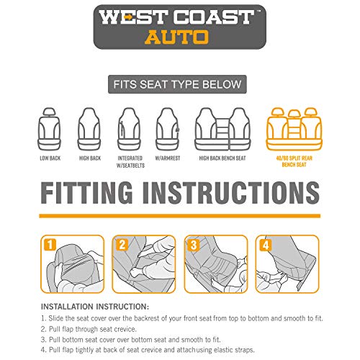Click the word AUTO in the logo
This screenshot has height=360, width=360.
(176, 37)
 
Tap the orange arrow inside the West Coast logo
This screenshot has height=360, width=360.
(129, 17)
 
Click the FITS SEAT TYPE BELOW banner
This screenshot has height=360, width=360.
(177, 84)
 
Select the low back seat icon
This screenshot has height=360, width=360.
(49, 129)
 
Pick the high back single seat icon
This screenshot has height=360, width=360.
(89, 129)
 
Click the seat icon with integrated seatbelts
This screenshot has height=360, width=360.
(129, 129)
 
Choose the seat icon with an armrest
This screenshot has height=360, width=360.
(168, 129)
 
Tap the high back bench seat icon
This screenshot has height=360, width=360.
(222, 129)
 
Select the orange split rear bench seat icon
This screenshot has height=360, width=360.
(294, 129)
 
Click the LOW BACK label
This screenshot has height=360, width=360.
(50, 158)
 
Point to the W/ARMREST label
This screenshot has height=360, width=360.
(168, 158)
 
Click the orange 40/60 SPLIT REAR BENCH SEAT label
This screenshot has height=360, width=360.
(294, 161)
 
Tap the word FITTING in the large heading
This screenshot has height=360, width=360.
(86, 193)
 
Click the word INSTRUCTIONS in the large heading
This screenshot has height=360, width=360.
(231, 193)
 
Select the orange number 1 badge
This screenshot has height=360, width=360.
(50, 245)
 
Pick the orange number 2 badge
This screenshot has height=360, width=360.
(122, 245)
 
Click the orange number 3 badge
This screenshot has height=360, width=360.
(194, 245)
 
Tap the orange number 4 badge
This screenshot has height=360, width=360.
(266, 245)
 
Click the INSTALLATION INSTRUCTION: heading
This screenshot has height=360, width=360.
(95, 307)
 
